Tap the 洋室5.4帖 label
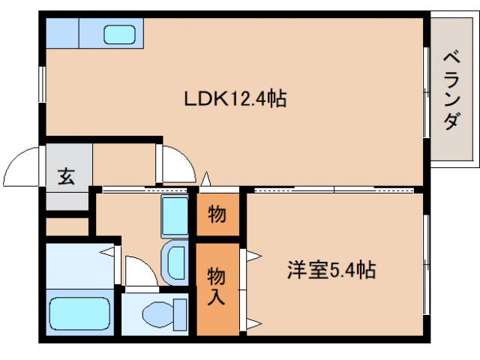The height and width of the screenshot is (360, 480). click(330, 268)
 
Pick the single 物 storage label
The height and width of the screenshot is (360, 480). click(217, 214)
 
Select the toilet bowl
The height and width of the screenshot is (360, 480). click(155, 311)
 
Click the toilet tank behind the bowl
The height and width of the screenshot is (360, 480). click(180, 312)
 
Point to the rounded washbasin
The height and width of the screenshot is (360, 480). click(175, 262)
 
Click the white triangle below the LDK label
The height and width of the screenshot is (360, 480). click(206, 181)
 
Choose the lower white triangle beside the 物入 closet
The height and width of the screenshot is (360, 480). click(253, 323)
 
